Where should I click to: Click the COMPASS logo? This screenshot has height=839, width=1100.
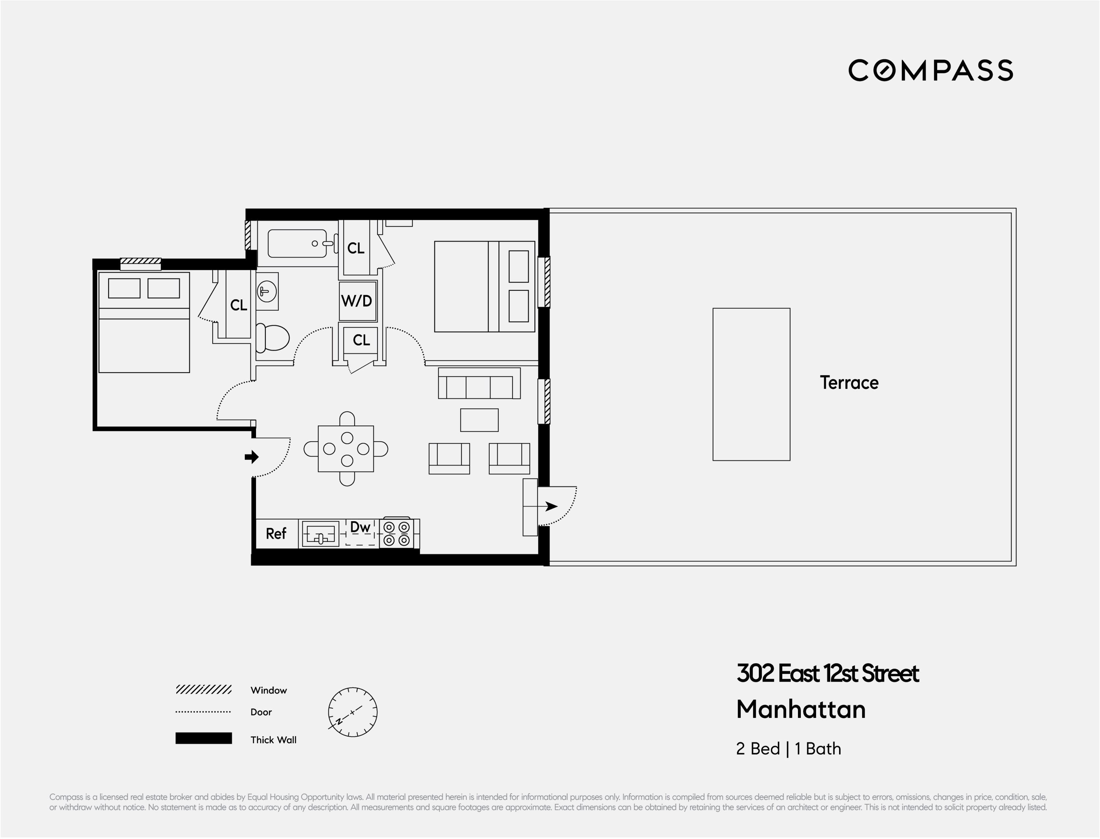(x=930, y=70)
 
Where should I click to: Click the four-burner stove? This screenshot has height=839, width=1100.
(x=397, y=534)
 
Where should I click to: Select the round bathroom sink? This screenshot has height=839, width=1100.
(x=267, y=291)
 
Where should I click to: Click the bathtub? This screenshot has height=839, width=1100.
(x=298, y=244)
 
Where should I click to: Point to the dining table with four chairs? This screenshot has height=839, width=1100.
(x=346, y=449)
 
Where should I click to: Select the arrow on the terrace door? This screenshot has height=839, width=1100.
(x=551, y=506)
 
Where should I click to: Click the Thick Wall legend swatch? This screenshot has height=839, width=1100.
(x=203, y=738)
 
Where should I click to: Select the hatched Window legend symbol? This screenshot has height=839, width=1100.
(x=203, y=690)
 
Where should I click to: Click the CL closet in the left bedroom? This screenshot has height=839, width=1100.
(x=238, y=305)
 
